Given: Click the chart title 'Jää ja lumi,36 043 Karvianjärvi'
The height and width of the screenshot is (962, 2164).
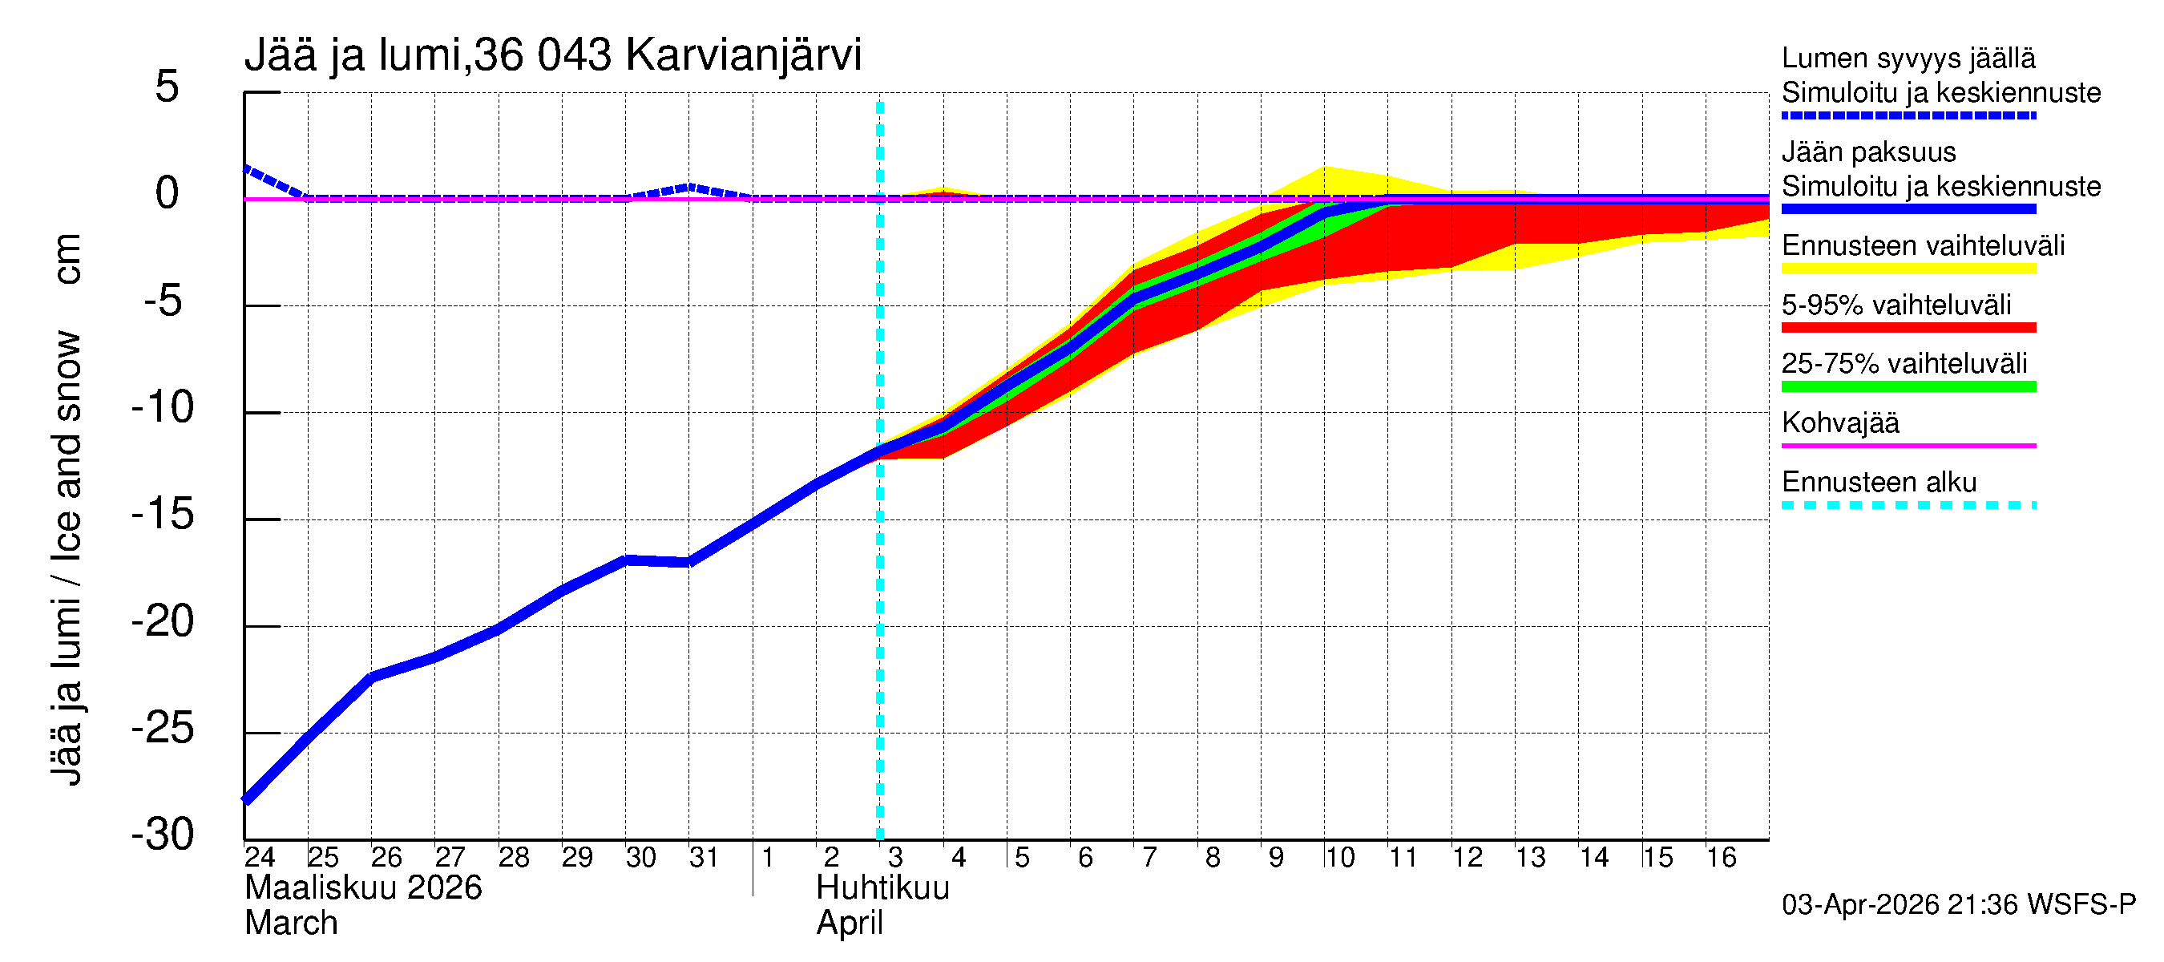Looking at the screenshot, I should pos(553,55).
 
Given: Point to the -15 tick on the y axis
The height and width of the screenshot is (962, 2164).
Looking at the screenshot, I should pos(163,514).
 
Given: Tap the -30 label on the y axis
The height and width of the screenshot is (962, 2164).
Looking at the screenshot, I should pos(163,835).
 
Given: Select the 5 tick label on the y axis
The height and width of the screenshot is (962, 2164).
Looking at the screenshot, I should pos(168,87).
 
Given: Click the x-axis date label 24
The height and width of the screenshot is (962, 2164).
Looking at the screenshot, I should pos(260,858).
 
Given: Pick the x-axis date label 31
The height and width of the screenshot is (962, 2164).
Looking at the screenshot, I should pos(704,858).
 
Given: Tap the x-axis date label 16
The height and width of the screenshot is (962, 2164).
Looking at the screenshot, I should pos(1721,858).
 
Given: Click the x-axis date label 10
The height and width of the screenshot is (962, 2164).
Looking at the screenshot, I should pos(1339,858).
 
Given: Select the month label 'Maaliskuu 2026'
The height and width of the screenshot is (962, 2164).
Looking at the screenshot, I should pos(363,889).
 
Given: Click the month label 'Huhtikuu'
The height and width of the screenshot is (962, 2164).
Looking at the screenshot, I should pos(882,889).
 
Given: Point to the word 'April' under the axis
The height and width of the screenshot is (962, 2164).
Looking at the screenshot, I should pos(850,924).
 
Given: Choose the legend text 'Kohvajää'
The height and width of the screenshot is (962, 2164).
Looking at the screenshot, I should pos(1839,423).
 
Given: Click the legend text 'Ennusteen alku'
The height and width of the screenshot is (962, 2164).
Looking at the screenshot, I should pos(1879,483).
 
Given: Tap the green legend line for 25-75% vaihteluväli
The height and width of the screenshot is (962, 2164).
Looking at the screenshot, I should pos(1908,387).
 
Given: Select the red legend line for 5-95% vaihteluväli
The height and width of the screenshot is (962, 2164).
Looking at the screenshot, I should pos(1908,329).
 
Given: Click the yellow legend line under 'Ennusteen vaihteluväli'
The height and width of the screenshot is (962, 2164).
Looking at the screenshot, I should pos(1908,269).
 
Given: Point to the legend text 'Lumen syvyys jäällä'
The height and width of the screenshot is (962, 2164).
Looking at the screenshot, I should pos(1908,59).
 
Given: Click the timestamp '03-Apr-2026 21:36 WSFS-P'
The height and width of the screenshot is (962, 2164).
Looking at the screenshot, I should pos(1958,906).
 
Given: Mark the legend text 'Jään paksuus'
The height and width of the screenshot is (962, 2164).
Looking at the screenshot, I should pos(1868,153).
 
